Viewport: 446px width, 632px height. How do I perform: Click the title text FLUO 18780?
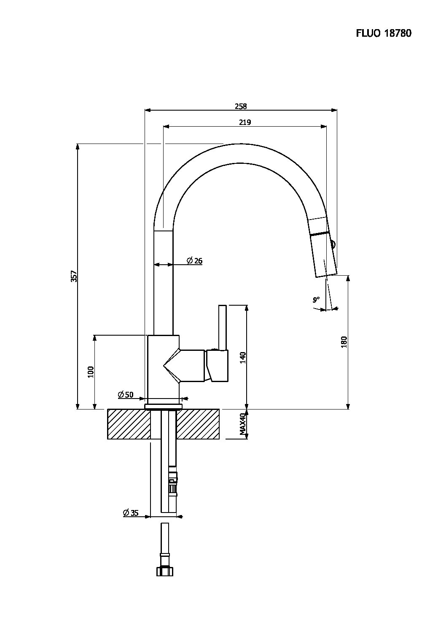point(384,33)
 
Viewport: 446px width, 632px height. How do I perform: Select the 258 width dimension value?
point(241,106)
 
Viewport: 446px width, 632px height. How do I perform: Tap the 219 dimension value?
point(245,122)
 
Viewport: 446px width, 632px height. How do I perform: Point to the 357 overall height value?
point(74,276)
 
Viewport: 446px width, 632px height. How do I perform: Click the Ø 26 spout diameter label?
point(194,260)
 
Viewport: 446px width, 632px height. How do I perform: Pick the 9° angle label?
point(316,299)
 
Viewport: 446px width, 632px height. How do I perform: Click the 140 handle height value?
point(243,358)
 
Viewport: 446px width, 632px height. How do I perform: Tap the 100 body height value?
point(91,372)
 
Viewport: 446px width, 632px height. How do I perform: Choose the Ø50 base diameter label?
point(126,394)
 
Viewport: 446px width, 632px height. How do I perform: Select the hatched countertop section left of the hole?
point(129,424)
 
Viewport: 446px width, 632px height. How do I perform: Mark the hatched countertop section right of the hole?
point(198,424)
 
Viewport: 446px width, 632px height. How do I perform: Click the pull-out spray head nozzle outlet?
point(326,275)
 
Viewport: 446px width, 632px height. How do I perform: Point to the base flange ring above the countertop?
point(164,407)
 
